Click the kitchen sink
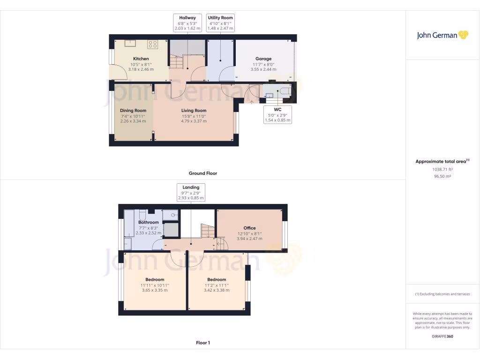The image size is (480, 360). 130,44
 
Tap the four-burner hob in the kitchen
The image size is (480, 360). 153,45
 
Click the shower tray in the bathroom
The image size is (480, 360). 171,215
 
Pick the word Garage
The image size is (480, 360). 263,59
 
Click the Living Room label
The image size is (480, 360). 194,111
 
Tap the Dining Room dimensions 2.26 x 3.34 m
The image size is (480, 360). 133,121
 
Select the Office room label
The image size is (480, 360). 249,228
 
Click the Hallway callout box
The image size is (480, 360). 187,23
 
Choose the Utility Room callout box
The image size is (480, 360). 220,23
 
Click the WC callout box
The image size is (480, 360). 277,115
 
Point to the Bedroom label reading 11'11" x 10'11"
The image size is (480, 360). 155,285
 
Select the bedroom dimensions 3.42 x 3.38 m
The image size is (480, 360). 217,290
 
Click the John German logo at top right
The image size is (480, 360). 442,35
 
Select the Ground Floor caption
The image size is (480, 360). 202,173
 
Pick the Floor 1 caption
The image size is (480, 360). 202,343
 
